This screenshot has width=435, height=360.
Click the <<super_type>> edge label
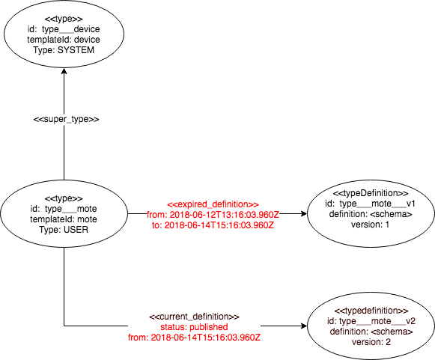(x=67, y=119)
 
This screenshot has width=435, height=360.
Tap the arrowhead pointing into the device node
(x=64, y=71)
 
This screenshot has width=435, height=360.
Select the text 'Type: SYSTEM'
(x=64, y=50)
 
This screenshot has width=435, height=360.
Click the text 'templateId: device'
(x=64, y=40)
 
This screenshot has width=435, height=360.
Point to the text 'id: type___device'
(x=64, y=29)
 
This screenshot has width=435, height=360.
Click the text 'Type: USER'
(x=64, y=230)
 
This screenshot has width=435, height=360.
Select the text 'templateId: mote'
(x=64, y=219)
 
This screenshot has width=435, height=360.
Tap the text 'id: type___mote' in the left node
(x=64, y=209)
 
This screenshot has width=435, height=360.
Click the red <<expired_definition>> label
(x=213, y=204)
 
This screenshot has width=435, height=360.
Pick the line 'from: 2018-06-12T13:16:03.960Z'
(x=213, y=215)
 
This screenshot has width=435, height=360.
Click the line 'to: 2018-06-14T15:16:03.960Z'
(x=213, y=225)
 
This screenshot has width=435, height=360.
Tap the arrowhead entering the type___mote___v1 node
(x=304, y=213)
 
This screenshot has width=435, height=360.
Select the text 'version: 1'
(x=371, y=225)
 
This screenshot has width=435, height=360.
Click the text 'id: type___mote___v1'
(x=371, y=204)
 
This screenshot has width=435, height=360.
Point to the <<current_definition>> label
(x=194, y=317)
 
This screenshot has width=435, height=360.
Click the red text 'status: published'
(x=194, y=327)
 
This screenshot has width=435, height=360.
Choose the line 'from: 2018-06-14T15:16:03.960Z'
(x=194, y=338)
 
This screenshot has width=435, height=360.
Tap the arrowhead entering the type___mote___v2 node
(x=304, y=326)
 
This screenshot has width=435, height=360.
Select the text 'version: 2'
(x=371, y=342)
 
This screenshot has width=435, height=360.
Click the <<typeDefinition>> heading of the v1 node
(x=371, y=193)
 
